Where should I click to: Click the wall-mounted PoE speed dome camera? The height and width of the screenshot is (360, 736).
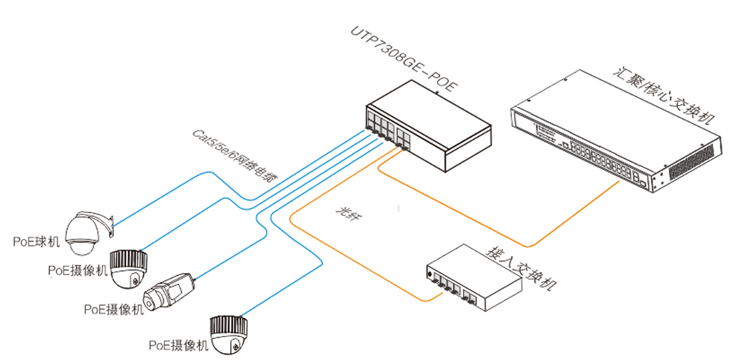[84, 232]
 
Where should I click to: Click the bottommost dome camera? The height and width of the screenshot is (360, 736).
[230, 334]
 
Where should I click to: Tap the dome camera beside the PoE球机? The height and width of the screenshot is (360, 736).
[130, 267]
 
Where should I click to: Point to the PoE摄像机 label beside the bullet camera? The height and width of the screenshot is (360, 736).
[113, 309]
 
